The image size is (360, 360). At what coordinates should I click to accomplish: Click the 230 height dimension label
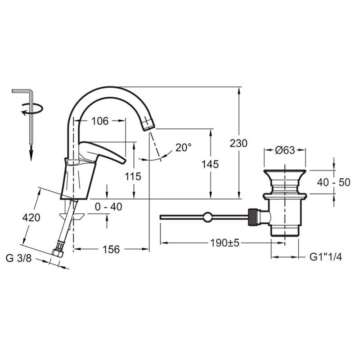[x=238, y=144]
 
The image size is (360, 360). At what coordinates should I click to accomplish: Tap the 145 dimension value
[x=210, y=164]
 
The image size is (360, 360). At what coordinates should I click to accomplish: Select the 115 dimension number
[x=133, y=176]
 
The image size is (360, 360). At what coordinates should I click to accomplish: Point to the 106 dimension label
[x=100, y=121]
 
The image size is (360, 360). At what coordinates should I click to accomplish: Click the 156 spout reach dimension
[x=111, y=249]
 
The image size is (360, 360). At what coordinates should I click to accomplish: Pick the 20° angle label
[x=184, y=148]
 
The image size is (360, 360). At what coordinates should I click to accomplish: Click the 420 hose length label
[x=31, y=217]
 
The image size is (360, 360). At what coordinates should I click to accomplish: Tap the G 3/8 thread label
[x=18, y=258]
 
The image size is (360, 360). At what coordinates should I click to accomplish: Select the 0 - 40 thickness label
[x=108, y=207]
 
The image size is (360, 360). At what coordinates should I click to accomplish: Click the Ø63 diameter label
[x=285, y=150]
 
